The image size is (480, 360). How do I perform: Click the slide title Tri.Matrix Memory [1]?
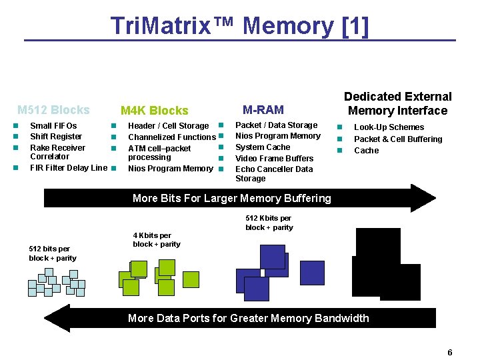pos(239,26)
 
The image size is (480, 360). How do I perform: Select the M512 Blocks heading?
pos(53,110)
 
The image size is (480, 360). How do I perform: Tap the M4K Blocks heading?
pos(154,111)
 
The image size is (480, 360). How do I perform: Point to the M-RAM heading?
pos(263,110)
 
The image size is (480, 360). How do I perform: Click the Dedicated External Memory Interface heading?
pos(397,103)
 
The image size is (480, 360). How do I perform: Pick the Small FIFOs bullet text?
pos(53,126)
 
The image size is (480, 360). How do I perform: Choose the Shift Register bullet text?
pos(56,137)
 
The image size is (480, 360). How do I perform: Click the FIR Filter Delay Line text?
pos(68,168)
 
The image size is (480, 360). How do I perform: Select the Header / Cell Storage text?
pos(168,126)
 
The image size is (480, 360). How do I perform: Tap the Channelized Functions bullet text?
pos(172,137)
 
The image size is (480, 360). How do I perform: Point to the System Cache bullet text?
pos(263,147)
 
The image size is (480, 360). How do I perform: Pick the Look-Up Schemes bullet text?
pos(389,127)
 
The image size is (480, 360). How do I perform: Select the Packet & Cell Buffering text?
pos(397,139)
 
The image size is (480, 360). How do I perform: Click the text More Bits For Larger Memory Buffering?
pos(231,198)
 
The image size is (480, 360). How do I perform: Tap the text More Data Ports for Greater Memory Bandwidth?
pos(248,318)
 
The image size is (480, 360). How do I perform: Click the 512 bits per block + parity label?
pos(53,253)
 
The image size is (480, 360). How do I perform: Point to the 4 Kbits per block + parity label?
pos(156,239)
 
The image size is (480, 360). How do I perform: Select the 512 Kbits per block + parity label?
pos(269,223)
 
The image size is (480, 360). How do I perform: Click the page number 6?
pos(450,353)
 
